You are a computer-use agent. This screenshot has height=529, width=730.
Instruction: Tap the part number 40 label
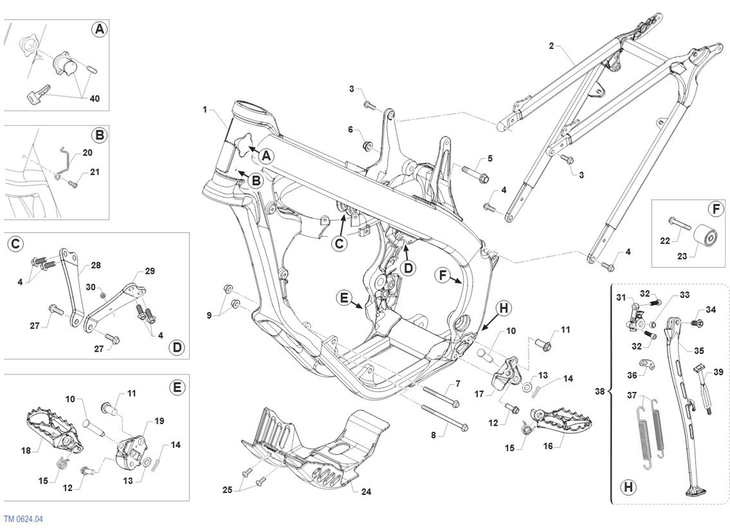tap(95, 99)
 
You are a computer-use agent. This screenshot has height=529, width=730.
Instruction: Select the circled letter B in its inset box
tap(99, 135)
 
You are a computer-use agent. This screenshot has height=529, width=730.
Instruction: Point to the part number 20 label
tap(88, 153)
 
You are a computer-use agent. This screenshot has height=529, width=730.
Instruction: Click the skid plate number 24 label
tap(366, 492)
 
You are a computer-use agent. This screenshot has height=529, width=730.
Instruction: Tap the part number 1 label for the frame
tap(205, 110)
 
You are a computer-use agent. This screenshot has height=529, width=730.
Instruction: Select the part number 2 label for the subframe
tap(551, 46)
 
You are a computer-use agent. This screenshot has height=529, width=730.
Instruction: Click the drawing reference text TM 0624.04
tap(23, 519)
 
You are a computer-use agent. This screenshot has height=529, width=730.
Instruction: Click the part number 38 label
tap(599, 391)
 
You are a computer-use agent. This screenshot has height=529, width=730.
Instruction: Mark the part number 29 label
tap(150, 271)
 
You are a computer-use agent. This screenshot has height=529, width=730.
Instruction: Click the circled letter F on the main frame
tap(443, 275)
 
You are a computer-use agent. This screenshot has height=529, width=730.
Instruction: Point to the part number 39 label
tap(718, 372)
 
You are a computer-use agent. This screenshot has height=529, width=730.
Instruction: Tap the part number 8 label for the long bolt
tap(433, 436)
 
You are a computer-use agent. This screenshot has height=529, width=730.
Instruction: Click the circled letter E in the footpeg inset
tap(177, 387)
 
